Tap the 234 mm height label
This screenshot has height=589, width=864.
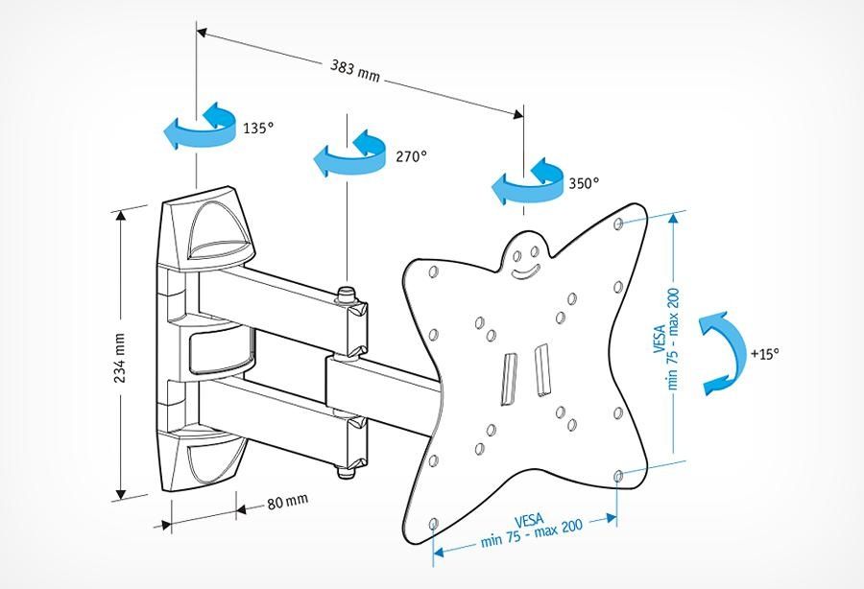click(121, 358)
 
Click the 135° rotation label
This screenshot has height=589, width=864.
click(258, 128)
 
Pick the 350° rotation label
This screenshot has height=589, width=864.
click(583, 182)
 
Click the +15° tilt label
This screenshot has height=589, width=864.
click(764, 353)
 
